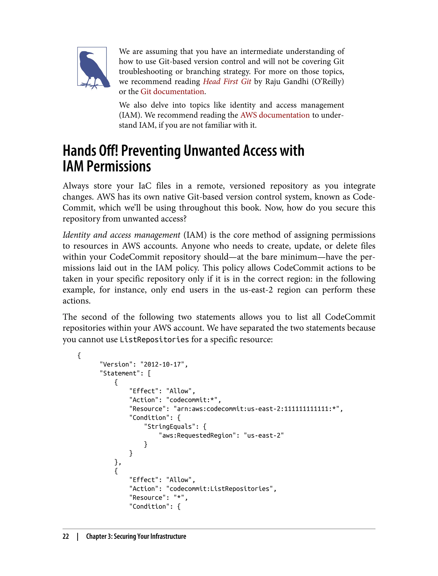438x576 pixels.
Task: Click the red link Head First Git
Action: pyautogui.click(x=227, y=81)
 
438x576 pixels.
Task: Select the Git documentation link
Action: pyautogui.click(x=172, y=91)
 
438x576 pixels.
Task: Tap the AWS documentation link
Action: pyautogui.click(x=275, y=115)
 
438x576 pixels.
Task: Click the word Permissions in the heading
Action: pyautogui.click(x=119, y=166)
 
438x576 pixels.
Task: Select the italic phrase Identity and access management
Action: pyautogui.click(x=121, y=235)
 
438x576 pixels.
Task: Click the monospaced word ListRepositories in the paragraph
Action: pyautogui.click(x=154, y=340)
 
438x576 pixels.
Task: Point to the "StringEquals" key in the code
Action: pyautogui.click(x=169, y=427)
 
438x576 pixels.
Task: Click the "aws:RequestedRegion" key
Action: pyautogui.click(x=197, y=435)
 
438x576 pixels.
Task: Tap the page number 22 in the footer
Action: pyautogui.click(x=66, y=536)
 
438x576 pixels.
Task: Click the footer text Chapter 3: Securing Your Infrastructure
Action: pyautogui.click(x=136, y=536)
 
